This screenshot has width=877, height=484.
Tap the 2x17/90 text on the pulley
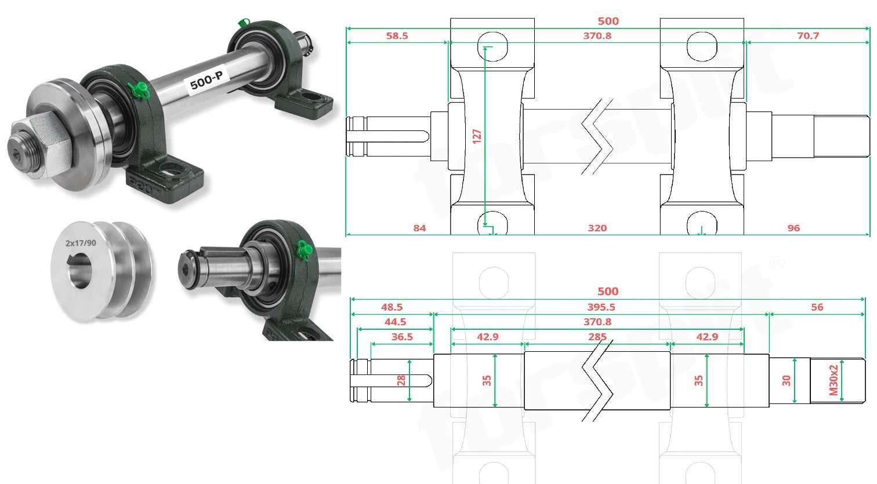(x=81, y=243)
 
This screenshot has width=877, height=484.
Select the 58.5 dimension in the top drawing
(x=397, y=36)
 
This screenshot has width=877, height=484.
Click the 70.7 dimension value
(x=808, y=36)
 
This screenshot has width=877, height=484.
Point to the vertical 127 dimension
(x=477, y=136)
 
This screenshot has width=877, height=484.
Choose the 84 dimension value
(x=419, y=228)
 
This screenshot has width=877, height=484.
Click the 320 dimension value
(x=597, y=228)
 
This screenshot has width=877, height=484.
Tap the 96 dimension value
(x=793, y=228)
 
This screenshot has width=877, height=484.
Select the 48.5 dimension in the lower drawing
(x=392, y=308)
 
